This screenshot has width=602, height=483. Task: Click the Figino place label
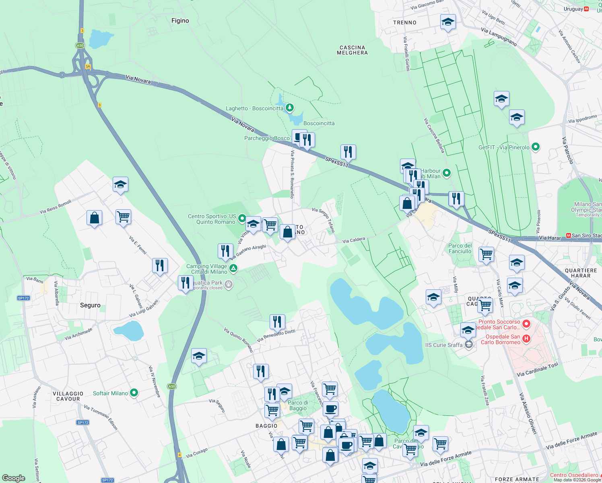click(x=180, y=21)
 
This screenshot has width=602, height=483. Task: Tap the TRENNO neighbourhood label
click(x=404, y=23)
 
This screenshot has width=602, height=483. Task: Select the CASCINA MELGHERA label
click(x=352, y=50)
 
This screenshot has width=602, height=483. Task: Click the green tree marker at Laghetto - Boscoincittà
click(x=289, y=107)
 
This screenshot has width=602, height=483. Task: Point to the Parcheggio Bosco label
click(x=267, y=138)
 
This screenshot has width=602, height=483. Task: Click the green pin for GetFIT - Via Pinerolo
click(x=536, y=147)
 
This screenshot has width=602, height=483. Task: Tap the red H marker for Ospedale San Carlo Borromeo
click(x=526, y=339)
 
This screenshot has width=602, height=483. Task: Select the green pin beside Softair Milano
click(x=134, y=393)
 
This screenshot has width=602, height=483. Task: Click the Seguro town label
click(x=90, y=305)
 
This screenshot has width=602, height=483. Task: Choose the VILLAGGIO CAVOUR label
click(x=68, y=396)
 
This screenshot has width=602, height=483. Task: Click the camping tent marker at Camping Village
click(x=233, y=268)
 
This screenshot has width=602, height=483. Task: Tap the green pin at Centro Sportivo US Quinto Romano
click(x=242, y=218)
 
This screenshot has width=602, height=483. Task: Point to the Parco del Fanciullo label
click(x=460, y=248)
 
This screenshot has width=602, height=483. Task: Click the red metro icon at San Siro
click(x=568, y=235)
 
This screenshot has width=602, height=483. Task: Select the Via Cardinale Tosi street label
click(x=537, y=369)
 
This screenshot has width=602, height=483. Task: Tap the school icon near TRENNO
click(x=447, y=23)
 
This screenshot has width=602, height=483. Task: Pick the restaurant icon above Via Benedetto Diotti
click(x=277, y=322)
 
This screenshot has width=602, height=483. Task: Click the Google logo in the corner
click(x=14, y=478)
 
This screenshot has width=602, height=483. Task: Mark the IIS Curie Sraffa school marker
click(x=468, y=345)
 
